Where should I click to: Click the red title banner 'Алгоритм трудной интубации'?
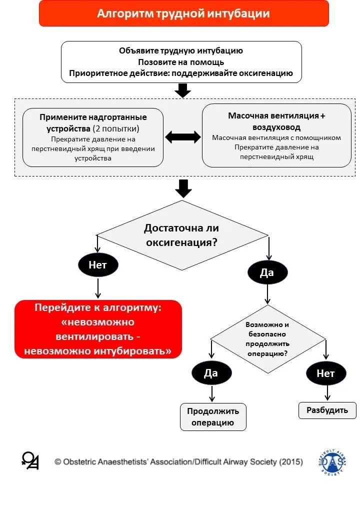[x=183, y=13]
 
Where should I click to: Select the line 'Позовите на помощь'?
[x=181, y=62]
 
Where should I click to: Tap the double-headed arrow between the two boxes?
[x=182, y=137]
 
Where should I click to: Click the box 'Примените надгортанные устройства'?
[x=93, y=137]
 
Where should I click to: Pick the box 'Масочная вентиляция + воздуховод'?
[x=276, y=135]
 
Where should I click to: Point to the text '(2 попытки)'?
[x=116, y=128]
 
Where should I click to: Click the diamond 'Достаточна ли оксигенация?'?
[x=182, y=235]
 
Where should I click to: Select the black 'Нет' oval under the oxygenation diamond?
[x=98, y=265]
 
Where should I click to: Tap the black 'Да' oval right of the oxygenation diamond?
[x=267, y=272]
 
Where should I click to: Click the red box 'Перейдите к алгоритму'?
[x=98, y=329]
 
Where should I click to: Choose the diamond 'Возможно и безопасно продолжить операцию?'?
[x=268, y=339]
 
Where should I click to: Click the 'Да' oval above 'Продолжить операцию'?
[x=211, y=373]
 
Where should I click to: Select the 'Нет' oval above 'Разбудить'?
[x=326, y=373]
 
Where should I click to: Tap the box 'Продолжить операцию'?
[x=213, y=417]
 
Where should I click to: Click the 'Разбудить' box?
[x=327, y=410]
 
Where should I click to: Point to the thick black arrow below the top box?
[x=182, y=90]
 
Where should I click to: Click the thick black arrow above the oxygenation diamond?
[x=183, y=188]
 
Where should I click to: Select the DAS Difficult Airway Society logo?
[x=333, y=462]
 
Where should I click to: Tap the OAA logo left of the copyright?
[x=30, y=460]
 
